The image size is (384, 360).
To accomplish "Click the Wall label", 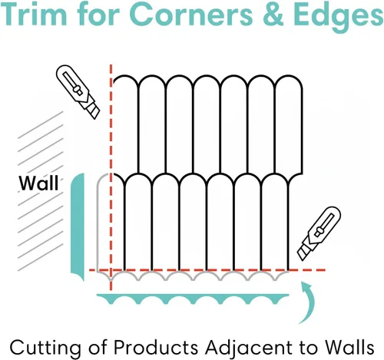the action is pyautogui.click(x=38, y=183).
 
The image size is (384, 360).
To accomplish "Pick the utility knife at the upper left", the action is pyautogui.click(x=78, y=91).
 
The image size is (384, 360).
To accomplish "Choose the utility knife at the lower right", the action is pyautogui.click(x=319, y=233).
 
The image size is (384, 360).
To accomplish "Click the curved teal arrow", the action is pyautogui.click(x=308, y=302).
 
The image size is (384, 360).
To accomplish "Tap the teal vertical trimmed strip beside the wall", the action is pyautogui.click(x=78, y=226).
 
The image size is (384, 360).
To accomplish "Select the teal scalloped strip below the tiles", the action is pyautogui.click(x=193, y=298).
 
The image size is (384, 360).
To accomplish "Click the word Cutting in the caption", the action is pyautogui.click(x=45, y=348).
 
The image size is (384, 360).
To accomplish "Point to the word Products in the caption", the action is pyautogui.click(x=156, y=347).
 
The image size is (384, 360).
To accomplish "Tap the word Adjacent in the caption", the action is pyautogui.click(x=249, y=348).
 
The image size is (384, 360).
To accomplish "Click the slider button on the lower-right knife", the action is pyautogui.click(x=319, y=232).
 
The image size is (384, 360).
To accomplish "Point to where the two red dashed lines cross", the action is pyautogui.click(x=111, y=270).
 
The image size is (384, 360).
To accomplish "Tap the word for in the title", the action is pyautogui.click(x=98, y=14).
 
